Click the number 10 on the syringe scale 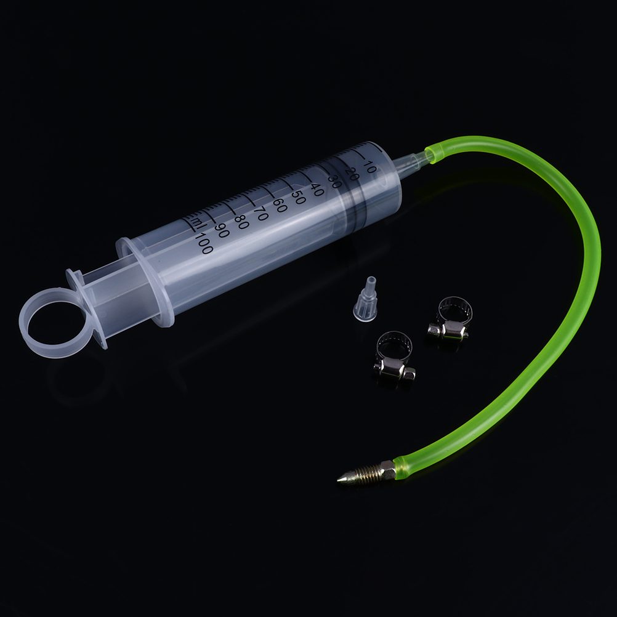click(x=369, y=167)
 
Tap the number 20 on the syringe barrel click(x=352, y=174)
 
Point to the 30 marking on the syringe click(x=334, y=182)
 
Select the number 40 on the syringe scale click(x=316, y=190)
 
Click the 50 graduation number click(x=298, y=198)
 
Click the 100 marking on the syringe click(x=204, y=243)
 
